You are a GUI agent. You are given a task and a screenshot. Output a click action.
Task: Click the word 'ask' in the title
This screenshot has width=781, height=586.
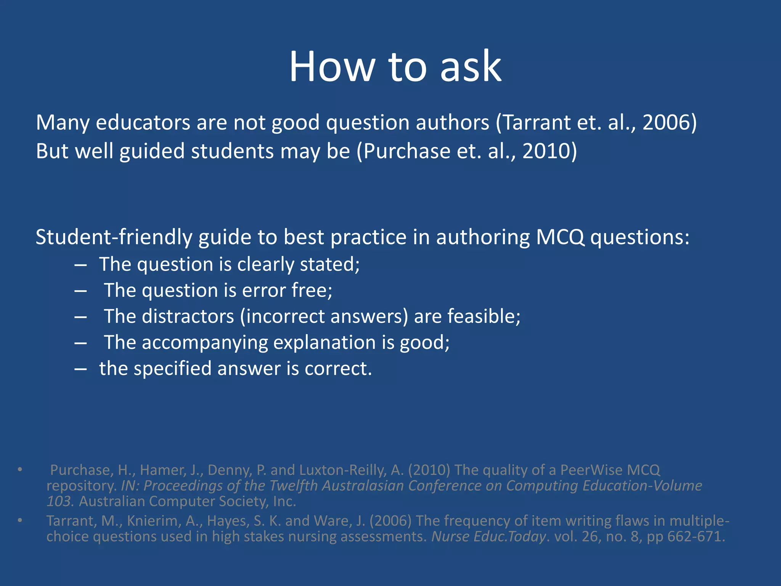click(x=471, y=67)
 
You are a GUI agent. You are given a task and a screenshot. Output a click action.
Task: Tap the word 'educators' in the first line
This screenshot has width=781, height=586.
click(x=143, y=123)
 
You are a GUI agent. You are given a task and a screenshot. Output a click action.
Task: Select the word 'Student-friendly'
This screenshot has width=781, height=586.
click(x=114, y=237)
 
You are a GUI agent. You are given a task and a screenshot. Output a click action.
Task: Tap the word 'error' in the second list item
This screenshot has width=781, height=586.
click(x=264, y=291)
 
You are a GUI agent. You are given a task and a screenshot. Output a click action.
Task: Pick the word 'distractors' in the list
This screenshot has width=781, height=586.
click(x=188, y=317)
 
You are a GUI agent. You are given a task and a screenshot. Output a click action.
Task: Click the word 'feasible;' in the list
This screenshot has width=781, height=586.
click(x=484, y=317)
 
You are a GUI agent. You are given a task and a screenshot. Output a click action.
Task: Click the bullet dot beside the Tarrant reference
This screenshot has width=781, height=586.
click(x=20, y=520)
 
